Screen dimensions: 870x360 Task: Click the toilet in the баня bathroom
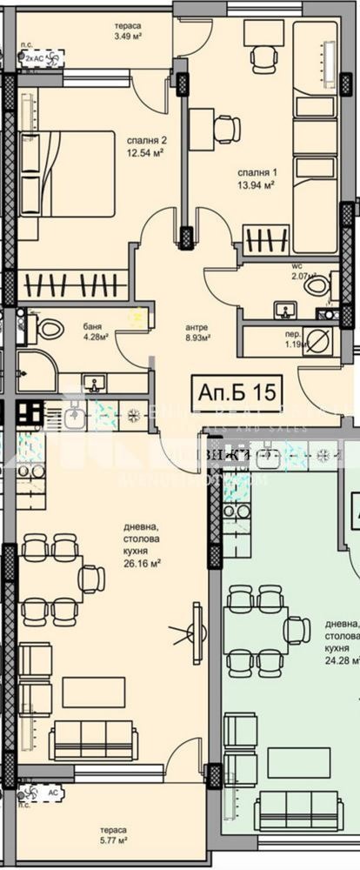(x=48, y=329)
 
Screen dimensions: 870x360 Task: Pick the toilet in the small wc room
(x=316, y=285)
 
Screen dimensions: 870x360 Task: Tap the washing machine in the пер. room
(x=317, y=340)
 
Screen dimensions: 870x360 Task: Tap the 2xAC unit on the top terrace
(x=43, y=58)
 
